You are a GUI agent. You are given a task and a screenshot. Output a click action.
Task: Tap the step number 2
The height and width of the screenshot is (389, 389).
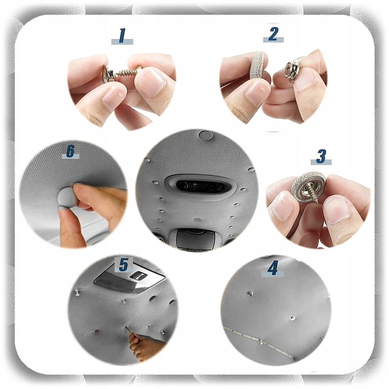tap(273, 34)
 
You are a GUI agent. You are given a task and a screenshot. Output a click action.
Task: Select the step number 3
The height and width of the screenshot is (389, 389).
tap(321, 156)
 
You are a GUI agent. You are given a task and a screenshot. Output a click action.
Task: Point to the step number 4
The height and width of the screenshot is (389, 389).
tap(273, 267)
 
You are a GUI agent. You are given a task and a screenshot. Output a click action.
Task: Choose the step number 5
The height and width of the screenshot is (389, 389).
tap(124, 264)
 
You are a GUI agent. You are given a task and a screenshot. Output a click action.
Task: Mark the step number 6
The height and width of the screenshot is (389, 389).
tap(70, 151)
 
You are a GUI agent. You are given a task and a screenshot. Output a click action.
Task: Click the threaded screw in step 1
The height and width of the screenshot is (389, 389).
tap(127, 72)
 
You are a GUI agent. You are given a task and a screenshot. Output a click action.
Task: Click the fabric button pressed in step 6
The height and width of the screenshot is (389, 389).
tap(68, 197)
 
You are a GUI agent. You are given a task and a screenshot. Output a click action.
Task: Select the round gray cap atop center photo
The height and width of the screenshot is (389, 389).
tap(206, 135)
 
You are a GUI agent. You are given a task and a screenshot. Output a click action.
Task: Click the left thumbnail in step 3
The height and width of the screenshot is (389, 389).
tap(282, 206)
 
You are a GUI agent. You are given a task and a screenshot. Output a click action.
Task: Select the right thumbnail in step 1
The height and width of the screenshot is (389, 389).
tap(151, 82)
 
